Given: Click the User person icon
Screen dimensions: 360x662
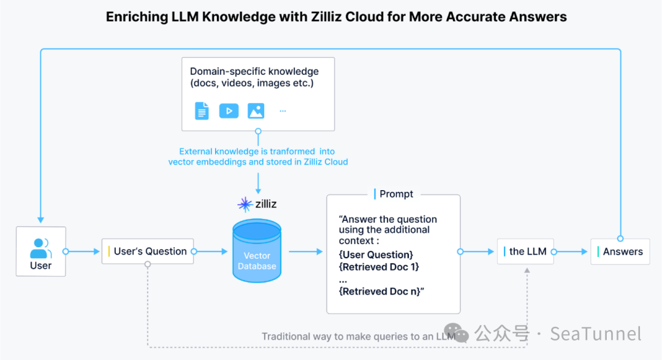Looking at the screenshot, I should point(40,248).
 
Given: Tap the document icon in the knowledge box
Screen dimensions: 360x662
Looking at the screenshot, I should point(202,111).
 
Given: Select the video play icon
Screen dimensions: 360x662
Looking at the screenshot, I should point(229,111).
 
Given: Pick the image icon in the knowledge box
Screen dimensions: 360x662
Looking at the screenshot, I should point(256,111).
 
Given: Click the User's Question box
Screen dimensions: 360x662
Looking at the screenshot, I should point(148,251).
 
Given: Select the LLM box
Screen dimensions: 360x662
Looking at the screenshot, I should point(525,251).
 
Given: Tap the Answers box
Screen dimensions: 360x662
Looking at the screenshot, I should point(620,251).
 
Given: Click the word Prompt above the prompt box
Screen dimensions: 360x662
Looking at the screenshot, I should point(396,194).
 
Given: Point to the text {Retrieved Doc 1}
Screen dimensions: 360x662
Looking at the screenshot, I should point(379,267).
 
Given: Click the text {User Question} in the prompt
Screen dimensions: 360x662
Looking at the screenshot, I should point(376,255).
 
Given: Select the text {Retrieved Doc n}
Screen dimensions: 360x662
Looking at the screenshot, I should point(380,291).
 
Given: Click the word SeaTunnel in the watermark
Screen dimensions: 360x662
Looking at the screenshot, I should point(595,334).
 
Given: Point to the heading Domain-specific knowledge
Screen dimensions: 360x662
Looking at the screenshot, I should point(254,71).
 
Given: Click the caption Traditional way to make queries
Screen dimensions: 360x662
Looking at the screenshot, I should point(356,336).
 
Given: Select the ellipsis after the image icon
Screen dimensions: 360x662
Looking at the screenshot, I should point(283,111).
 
